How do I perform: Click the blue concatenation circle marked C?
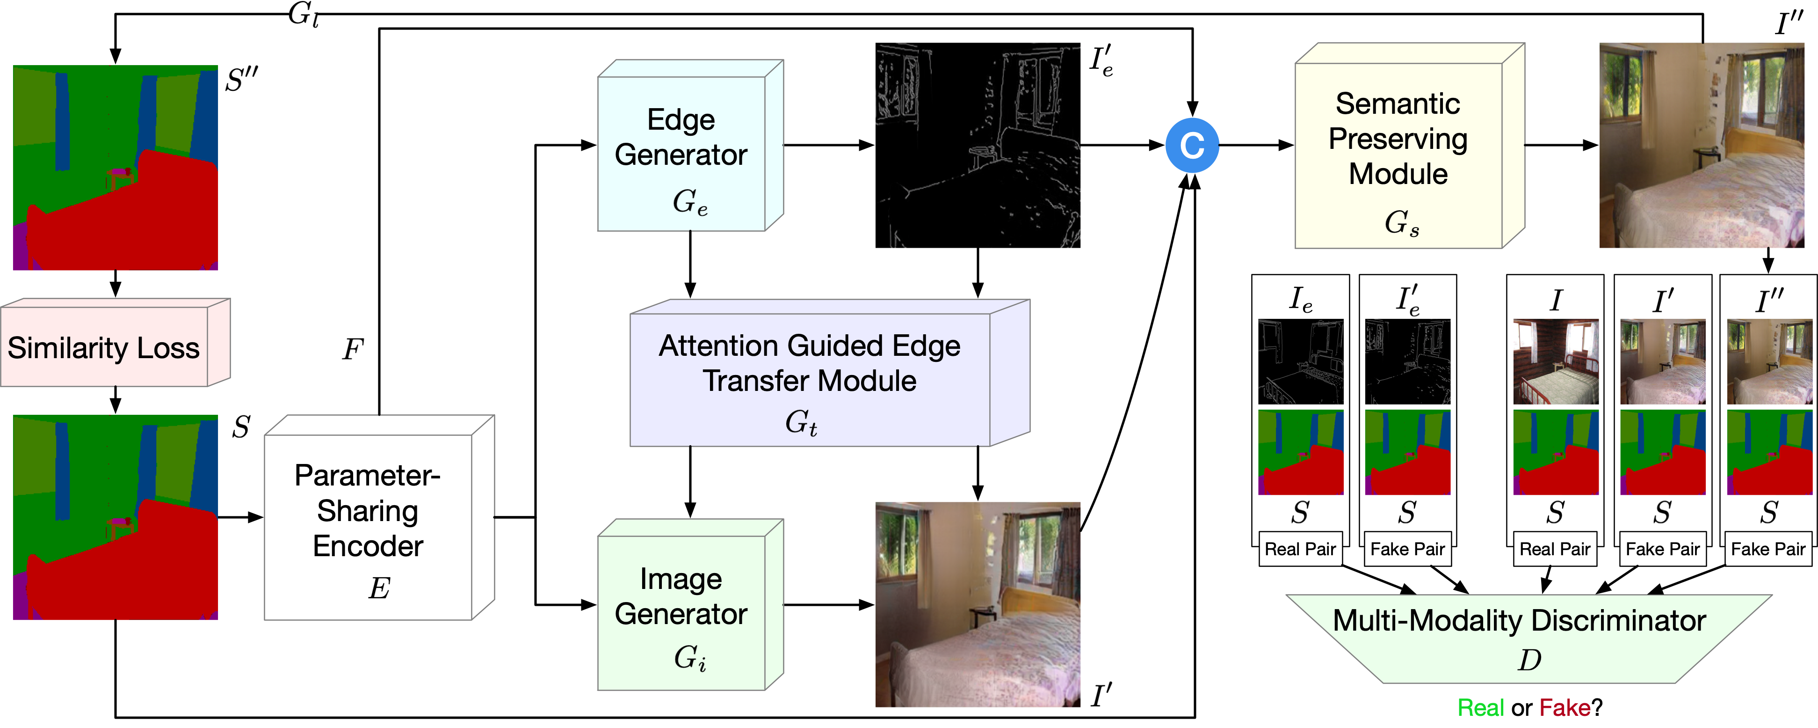tap(1192, 146)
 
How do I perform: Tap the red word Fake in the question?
tap(1564, 707)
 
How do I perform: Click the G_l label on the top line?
tap(304, 14)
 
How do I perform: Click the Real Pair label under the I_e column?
tap(1300, 549)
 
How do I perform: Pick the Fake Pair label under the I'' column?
tap(1768, 549)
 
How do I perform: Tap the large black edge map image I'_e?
tap(978, 146)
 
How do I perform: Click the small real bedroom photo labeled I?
tap(1556, 361)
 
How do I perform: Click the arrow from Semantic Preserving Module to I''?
tap(1560, 146)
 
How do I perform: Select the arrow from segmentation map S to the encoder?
tap(240, 518)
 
